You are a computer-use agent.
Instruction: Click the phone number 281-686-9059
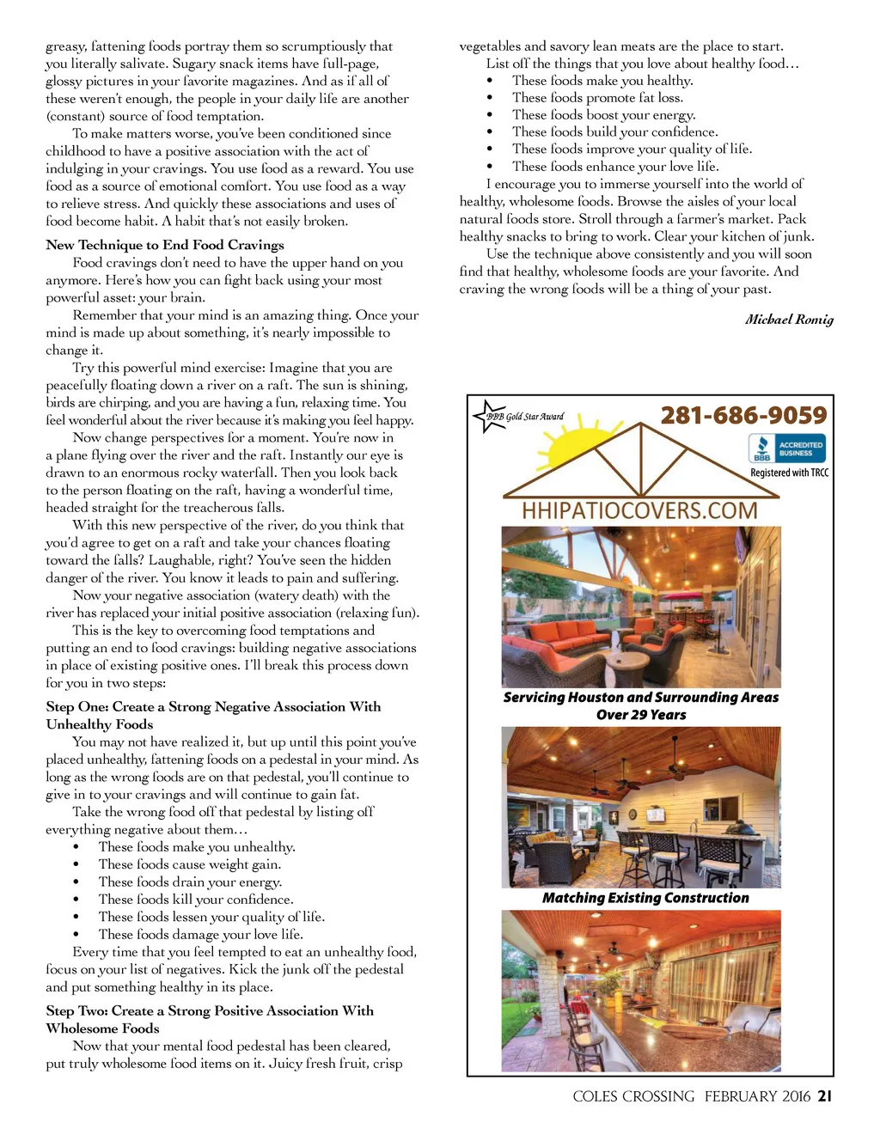743,416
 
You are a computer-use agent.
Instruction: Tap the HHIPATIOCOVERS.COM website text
640,510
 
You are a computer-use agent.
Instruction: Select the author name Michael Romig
789,320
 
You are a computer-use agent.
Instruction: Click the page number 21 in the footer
825,1096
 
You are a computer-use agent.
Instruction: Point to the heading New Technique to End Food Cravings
165,245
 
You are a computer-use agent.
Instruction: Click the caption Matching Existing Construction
645,898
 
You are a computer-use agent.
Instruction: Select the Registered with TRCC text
789,473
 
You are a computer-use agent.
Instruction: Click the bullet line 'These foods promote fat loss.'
597,98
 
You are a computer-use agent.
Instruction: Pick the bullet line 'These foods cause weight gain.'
189,864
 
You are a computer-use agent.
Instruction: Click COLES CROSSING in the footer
633,1096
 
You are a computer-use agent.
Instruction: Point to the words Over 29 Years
641,715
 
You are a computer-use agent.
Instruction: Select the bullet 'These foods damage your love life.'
200,934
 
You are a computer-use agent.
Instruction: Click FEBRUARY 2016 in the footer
757,1096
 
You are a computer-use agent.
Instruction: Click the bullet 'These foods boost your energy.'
603,115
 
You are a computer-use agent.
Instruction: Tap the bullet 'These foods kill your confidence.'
195,900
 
